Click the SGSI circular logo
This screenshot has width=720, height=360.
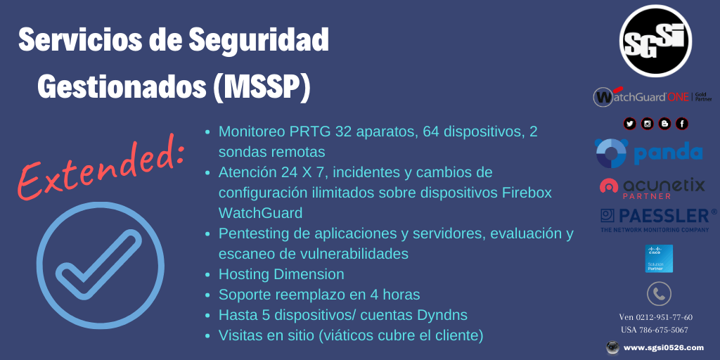click(655, 41)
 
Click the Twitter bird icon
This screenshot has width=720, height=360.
click(629, 124)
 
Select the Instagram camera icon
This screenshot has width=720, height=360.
click(647, 124)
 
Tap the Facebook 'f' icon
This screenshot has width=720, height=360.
click(681, 124)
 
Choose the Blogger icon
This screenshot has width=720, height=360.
click(664, 124)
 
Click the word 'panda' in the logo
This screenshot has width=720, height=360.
click(667, 153)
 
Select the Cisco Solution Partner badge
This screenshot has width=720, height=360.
click(659, 258)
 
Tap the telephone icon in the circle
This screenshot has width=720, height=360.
click(659, 293)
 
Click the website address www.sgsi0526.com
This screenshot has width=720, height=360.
click(663, 347)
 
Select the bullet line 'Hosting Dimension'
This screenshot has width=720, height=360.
click(281, 274)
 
